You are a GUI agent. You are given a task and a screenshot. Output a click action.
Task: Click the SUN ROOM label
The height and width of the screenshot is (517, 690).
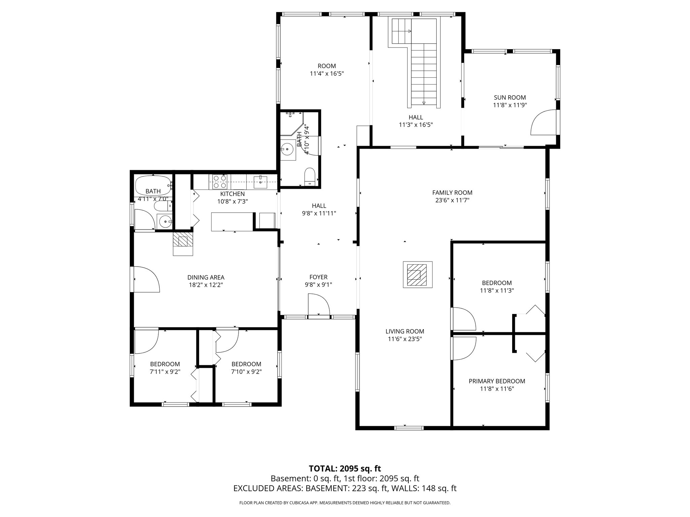(x=510, y=98)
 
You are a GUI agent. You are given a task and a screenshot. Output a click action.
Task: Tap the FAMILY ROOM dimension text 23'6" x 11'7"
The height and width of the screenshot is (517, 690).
(x=452, y=200)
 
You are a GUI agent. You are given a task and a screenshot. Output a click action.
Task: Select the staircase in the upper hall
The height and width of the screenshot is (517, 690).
(x=424, y=74)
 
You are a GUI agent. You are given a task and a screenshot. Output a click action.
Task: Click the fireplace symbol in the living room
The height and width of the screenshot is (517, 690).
(x=418, y=275)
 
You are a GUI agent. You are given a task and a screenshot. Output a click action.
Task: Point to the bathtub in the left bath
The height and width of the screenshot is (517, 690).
(x=153, y=183)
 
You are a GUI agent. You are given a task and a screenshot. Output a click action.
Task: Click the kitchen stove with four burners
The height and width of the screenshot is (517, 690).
(x=220, y=182)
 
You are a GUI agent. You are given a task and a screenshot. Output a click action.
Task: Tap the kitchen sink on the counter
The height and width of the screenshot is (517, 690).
(x=260, y=182)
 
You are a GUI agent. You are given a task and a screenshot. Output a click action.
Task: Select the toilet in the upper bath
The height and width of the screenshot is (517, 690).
(x=309, y=177)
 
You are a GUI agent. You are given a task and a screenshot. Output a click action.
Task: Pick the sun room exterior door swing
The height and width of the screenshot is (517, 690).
(x=543, y=123)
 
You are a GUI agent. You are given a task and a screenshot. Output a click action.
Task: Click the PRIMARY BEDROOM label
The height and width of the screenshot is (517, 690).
(x=497, y=381)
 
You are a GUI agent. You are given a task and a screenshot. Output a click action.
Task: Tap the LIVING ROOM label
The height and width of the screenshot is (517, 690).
(x=405, y=331)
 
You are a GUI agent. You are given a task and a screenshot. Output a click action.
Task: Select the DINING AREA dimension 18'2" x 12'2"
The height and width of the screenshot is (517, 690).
(x=206, y=285)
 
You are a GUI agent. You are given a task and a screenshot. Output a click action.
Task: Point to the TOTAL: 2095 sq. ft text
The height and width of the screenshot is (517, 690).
(x=345, y=469)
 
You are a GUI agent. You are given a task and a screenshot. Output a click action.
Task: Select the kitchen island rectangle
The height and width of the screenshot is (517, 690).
(x=232, y=221)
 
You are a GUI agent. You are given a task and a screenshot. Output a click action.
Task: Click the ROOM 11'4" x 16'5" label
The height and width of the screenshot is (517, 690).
(x=326, y=70)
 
